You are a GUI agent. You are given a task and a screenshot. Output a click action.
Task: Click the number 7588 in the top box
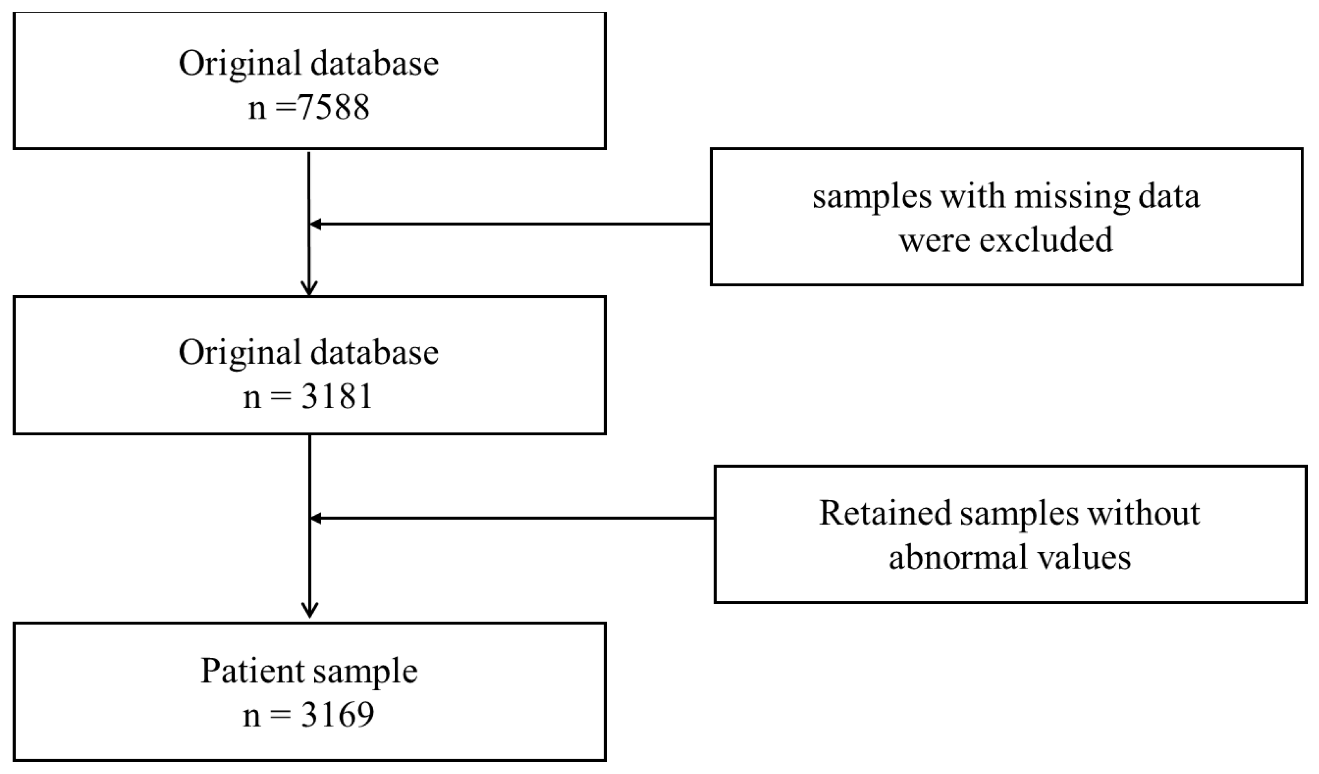coord(333,108)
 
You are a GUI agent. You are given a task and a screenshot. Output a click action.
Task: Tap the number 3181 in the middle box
coord(337,396)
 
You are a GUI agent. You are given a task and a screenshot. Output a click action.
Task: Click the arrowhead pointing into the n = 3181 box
coord(309,289)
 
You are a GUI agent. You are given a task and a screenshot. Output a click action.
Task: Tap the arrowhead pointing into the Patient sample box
coord(310,610)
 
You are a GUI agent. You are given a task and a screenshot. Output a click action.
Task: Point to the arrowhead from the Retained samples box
coord(316,518)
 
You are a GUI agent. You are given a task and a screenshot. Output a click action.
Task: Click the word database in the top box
coord(374,64)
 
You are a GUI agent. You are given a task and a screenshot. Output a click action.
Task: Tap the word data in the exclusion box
coord(1172,197)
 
